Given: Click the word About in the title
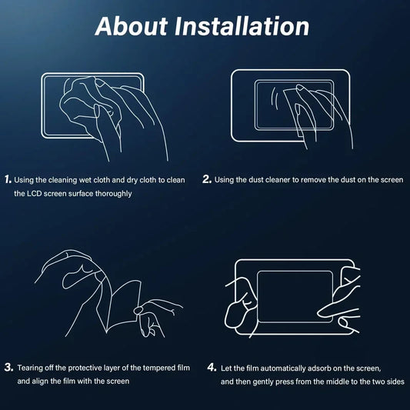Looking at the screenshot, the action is (x=132, y=26).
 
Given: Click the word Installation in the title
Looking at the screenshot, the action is (x=242, y=26).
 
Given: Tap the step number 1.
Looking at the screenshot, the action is (x=8, y=179).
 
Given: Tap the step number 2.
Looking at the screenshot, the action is (x=207, y=179).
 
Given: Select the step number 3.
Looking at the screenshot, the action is (x=8, y=368).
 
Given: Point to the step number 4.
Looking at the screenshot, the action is (x=212, y=368).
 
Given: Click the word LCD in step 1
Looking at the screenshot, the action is (x=34, y=194).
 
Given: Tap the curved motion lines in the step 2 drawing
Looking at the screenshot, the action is (x=275, y=98).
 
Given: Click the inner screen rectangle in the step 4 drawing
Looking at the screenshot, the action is (x=258, y=297).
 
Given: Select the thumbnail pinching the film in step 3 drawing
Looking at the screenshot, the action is (x=138, y=310).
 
